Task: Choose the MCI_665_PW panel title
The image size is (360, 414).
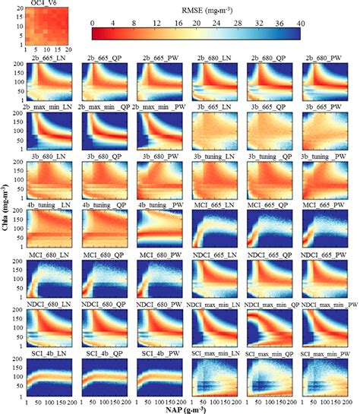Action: point(325,205)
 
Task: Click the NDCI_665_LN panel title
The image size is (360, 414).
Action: point(214,254)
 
